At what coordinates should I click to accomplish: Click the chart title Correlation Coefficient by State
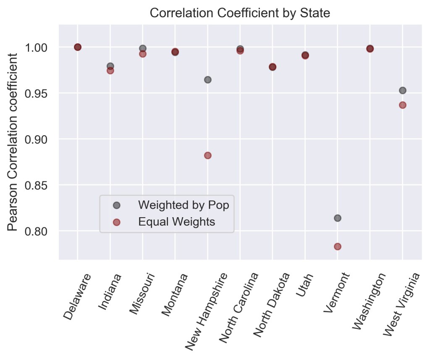point(240,13)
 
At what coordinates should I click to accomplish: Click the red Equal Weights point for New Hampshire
point(207,155)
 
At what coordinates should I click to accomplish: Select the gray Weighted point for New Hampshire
point(207,80)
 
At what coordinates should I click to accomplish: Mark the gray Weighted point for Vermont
point(338,218)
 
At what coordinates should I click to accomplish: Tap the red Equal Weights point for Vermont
point(338,247)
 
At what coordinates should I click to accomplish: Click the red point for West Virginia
point(403,105)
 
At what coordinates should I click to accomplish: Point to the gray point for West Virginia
point(403,90)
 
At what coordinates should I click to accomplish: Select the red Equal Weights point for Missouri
point(143,54)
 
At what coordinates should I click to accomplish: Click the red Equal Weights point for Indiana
point(110,71)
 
